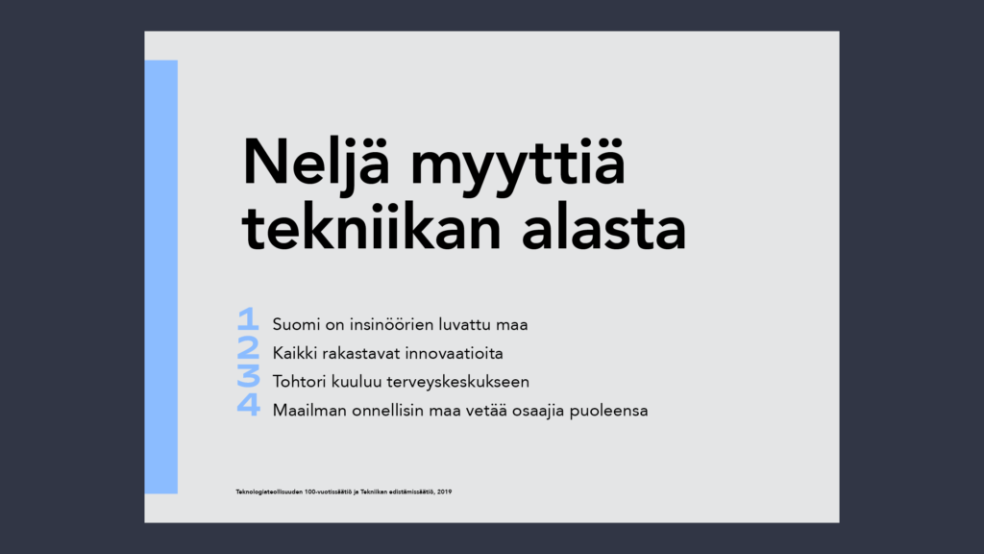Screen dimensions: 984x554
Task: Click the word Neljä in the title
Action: coord(316,163)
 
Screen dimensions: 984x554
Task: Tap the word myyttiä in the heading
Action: coord(518,164)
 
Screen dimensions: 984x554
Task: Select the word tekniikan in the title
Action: coord(372,227)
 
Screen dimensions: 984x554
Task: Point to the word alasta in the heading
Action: coord(603,227)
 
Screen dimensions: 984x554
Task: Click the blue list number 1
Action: coord(248,318)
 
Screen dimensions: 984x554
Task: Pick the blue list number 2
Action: coord(248,347)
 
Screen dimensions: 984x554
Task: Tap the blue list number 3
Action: coord(248,376)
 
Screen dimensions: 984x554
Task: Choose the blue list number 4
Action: coord(249,404)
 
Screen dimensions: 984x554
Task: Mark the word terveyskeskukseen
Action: coord(458,382)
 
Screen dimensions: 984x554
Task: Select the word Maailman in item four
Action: coord(309,410)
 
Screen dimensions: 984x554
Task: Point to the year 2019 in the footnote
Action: coord(444,491)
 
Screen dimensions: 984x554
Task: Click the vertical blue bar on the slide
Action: coord(161,277)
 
